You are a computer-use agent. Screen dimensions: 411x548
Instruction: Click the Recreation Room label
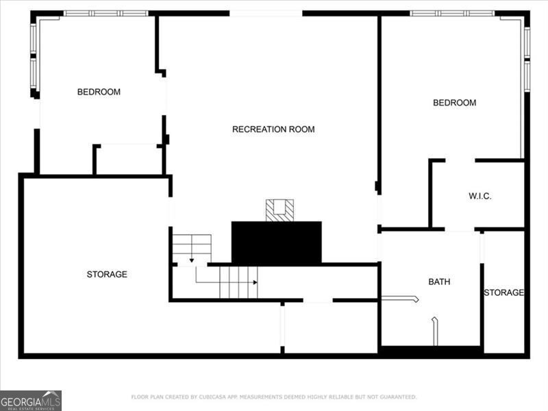tap(273, 129)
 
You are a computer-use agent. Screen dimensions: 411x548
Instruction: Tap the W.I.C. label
tap(480, 196)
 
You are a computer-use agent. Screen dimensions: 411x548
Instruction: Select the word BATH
tap(439, 282)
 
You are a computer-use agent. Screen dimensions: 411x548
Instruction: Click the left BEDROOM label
tap(99, 92)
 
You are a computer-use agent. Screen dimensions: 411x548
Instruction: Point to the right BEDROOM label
tap(454, 103)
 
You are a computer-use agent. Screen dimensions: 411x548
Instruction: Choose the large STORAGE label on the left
tap(107, 275)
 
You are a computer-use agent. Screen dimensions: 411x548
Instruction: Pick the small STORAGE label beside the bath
tap(503, 293)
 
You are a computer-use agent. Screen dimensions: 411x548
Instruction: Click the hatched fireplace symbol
tap(279, 210)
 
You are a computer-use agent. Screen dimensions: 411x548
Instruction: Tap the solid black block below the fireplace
tap(277, 242)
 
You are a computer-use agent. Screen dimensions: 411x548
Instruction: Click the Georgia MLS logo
tap(31, 400)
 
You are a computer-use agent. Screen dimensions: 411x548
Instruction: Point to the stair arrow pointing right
tap(254, 282)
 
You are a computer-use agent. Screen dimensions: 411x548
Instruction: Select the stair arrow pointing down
tap(191, 260)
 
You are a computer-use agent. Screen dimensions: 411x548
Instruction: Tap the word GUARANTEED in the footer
tap(397, 397)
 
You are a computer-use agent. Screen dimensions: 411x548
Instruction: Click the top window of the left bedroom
tap(105, 13)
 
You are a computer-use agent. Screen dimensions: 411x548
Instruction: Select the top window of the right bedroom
tap(452, 13)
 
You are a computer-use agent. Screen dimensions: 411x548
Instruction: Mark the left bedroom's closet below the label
tap(128, 160)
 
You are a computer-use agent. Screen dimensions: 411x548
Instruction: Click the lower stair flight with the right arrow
tap(238, 282)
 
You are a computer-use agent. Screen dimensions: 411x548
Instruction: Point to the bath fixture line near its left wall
tap(399, 298)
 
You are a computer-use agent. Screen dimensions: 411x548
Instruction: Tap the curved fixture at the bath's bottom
tap(434, 330)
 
